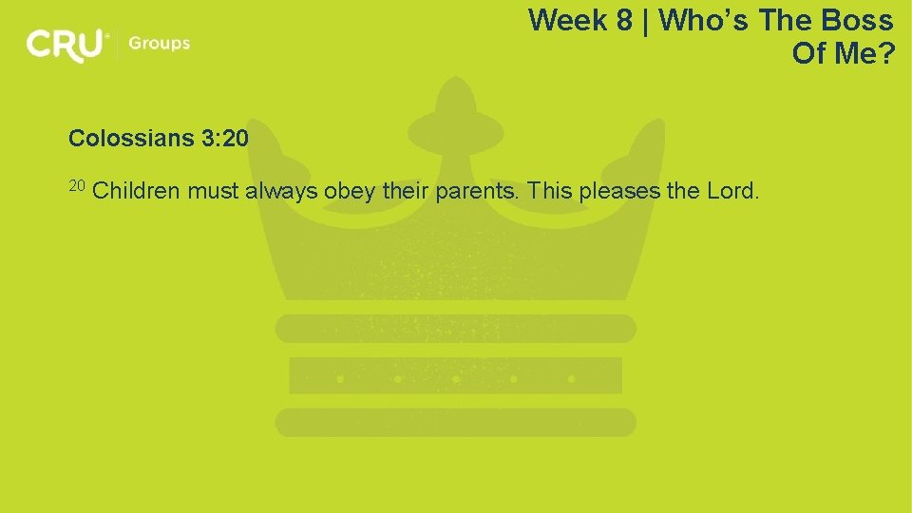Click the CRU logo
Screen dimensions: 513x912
click(66, 45)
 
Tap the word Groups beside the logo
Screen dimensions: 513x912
click(159, 44)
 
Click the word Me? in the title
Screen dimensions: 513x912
click(864, 53)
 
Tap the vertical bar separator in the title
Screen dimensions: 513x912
click(647, 20)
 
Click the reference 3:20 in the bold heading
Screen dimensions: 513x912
click(224, 139)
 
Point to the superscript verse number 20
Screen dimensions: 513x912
click(77, 184)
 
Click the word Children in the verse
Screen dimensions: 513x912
click(137, 191)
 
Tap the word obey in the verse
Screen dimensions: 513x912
click(350, 191)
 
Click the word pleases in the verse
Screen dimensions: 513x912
click(619, 191)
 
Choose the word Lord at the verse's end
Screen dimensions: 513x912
click(731, 191)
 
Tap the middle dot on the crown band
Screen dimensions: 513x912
click(455, 378)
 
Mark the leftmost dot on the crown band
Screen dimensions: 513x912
click(339, 378)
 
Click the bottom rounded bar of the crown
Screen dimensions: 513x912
click(455, 422)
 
